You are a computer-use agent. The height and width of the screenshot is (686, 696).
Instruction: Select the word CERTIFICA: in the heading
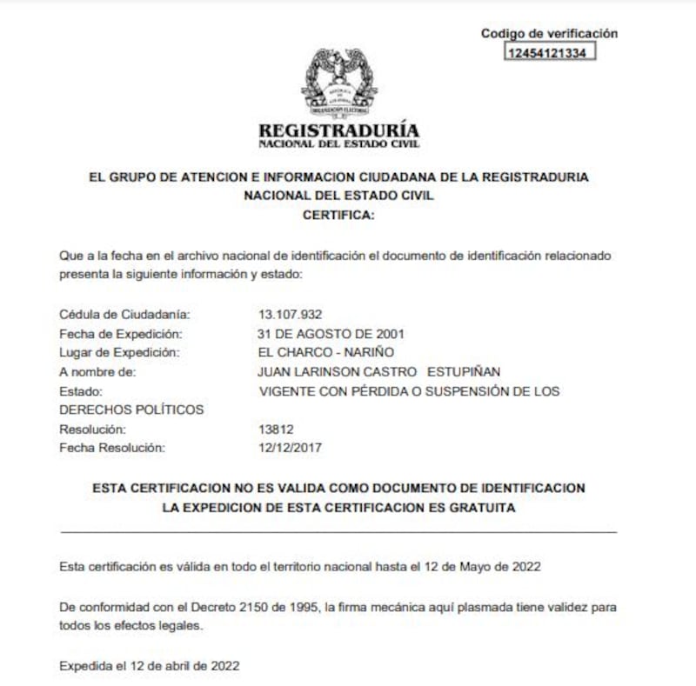click(x=338, y=215)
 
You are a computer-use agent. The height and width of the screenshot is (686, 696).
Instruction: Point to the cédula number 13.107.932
click(x=291, y=314)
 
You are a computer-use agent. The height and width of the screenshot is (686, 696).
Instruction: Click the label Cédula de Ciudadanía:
click(x=124, y=314)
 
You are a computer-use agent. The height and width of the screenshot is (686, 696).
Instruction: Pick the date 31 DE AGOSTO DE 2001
click(x=331, y=333)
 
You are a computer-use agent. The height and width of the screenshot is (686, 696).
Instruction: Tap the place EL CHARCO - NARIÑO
click(x=326, y=352)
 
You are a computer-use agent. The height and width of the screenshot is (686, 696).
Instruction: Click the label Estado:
click(x=82, y=391)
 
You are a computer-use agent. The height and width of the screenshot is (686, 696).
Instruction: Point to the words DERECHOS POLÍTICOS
click(x=131, y=410)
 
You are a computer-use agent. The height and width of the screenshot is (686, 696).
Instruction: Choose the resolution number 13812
click(x=276, y=430)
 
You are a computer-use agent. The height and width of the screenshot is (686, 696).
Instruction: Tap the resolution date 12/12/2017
click(x=288, y=449)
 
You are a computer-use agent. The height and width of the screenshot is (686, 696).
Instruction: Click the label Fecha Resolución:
click(x=111, y=449)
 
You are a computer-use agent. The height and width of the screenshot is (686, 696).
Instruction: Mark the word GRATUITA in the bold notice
click(x=478, y=507)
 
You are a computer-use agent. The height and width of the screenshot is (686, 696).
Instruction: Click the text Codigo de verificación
click(x=549, y=33)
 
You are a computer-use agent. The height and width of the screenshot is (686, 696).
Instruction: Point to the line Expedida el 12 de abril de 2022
click(x=149, y=666)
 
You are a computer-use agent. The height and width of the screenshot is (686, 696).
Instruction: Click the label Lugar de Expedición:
click(x=119, y=352)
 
